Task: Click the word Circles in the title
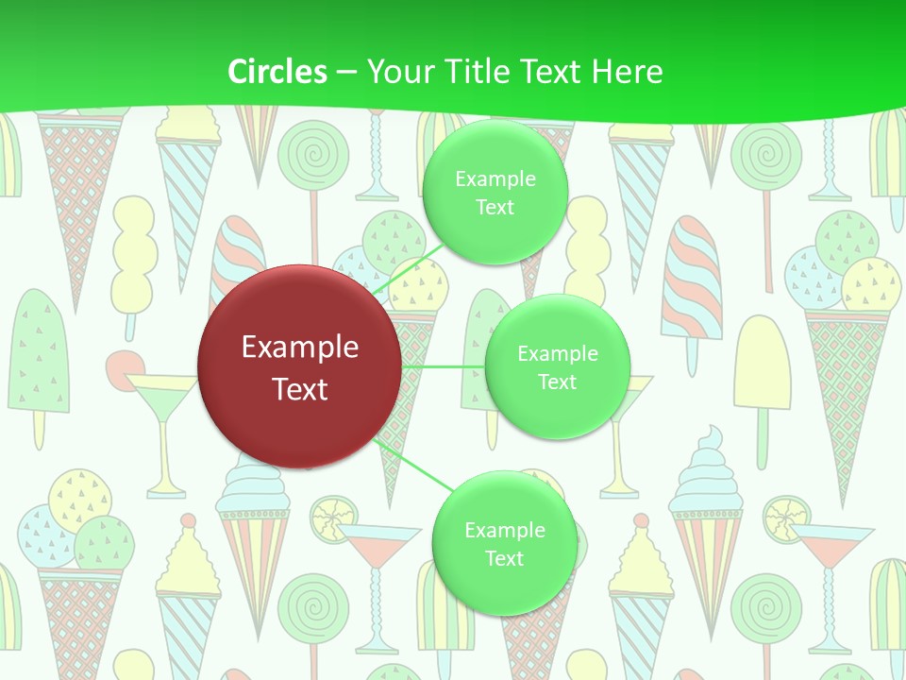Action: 277,72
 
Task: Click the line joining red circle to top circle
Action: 403,271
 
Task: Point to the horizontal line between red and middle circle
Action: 444,366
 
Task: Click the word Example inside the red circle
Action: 300,347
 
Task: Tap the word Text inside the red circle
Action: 300,388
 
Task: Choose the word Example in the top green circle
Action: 495,178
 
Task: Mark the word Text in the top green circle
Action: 495,207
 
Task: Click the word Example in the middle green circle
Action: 557,353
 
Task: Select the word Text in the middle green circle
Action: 557,382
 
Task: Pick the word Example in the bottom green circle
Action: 504,530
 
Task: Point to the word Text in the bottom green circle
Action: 504,558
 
